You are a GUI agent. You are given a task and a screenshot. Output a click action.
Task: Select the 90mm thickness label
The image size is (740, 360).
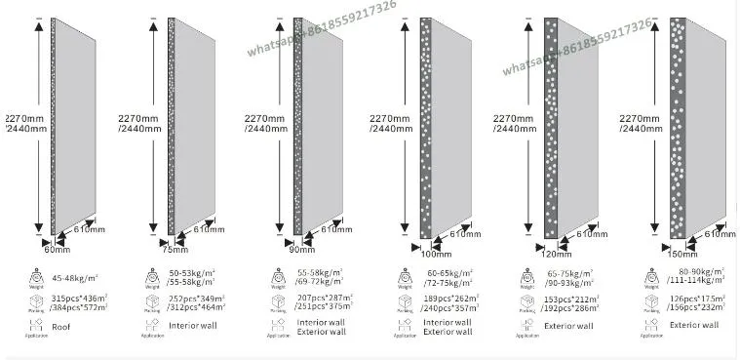click(301, 250)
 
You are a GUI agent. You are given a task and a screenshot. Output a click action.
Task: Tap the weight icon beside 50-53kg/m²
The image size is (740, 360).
click(151, 277)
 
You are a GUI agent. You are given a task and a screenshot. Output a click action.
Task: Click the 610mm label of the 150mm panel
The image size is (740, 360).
click(720, 234)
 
